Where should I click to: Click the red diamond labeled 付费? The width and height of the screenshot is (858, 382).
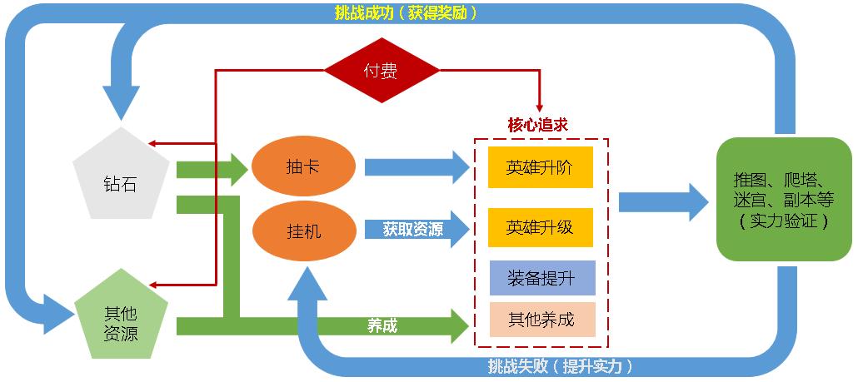pos(382,71)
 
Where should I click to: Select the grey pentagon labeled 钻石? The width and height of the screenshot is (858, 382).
pos(121,179)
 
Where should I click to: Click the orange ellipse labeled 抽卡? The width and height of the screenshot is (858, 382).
pos(302,167)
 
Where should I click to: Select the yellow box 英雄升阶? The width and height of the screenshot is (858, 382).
pos(540,168)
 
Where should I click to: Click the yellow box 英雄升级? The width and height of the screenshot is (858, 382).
pos(540,226)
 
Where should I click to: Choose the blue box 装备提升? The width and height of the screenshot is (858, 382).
pos(542,279)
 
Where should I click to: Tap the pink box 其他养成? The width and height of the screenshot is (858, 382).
pos(542,320)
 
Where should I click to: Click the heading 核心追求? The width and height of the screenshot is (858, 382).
pos(537,124)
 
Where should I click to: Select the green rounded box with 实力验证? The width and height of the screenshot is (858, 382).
pos(783,199)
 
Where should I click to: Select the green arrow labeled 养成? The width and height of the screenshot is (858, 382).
pos(383,325)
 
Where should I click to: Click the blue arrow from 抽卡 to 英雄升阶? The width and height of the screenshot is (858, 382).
pos(417,166)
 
